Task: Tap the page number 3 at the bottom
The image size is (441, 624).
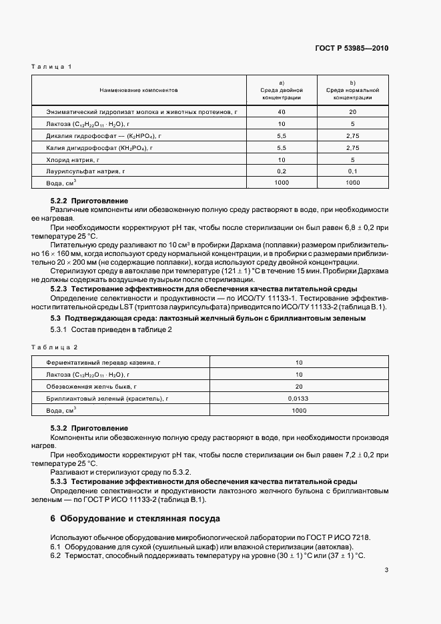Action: pyautogui.click(x=386, y=570)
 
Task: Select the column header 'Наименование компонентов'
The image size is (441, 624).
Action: pyautogui.click(x=139, y=89)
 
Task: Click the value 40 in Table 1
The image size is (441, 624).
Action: pyautogui.click(x=281, y=112)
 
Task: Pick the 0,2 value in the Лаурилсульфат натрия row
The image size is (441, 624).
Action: pyautogui.click(x=281, y=171)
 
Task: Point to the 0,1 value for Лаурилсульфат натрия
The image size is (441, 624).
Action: pyautogui.click(x=352, y=171)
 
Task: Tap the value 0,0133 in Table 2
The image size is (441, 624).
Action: pyautogui.click(x=299, y=398)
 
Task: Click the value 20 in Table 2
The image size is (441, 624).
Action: pyautogui.click(x=299, y=386)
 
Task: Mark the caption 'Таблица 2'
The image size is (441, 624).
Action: pyautogui.click(x=55, y=347)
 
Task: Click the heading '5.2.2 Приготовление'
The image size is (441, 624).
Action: pyautogui.click(x=89, y=201)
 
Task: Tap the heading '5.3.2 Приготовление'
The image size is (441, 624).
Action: pyautogui.click(x=89, y=428)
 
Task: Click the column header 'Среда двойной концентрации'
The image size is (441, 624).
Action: pyautogui.click(x=281, y=93)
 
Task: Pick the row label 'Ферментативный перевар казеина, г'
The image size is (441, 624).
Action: pyautogui.click(x=101, y=362)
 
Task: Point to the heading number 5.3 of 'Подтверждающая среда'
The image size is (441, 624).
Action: pyautogui.click(x=56, y=319)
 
